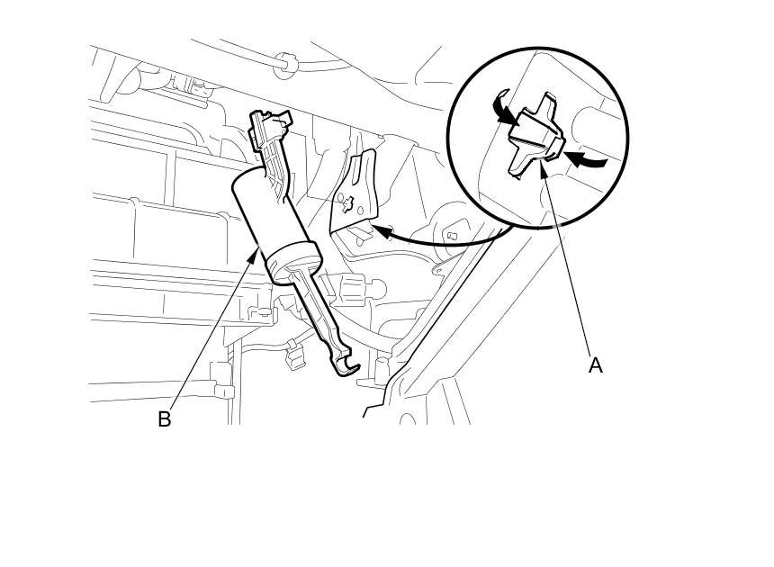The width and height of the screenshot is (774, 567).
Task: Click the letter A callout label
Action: [x=595, y=365]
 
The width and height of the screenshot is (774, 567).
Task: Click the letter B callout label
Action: [x=164, y=419]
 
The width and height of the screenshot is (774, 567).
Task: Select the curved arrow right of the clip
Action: [x=587, y=161]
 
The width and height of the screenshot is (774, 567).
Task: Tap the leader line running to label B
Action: [x=211, y=333]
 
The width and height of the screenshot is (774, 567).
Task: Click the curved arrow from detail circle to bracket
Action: [x=450, y=241]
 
